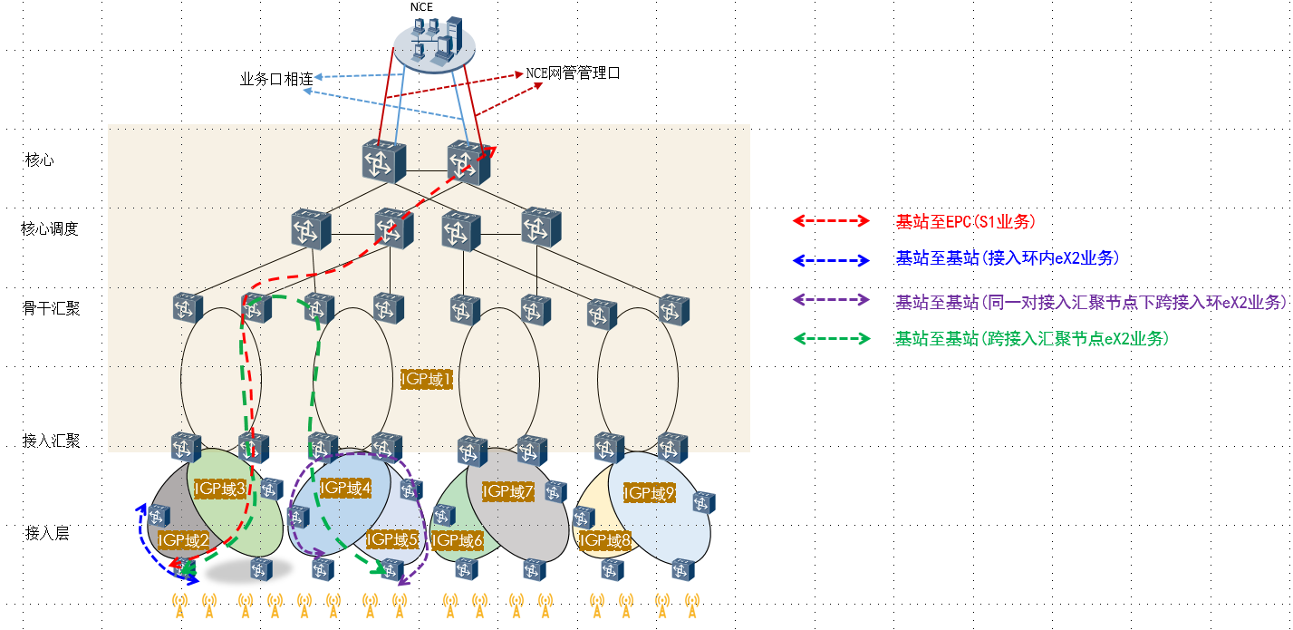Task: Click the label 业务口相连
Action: pyautogui.click(x=276, y=80)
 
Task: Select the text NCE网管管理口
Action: pyautogui.click(x=574, y=73)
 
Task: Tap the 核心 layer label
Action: pyautogui.click(x=40, y=160)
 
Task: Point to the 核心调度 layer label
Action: pyautogui.click(x=50, y=228)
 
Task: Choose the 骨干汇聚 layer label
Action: pyautogui.click(x=52, y=308)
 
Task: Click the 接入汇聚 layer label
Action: pyautogui.click(x=52, y=441)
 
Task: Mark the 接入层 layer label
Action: pyautogui.click(x=47, y=533)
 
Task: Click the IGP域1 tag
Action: pyautogui.click(x=427, y=379)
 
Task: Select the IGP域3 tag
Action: pyautogui.click(x=220, y=489)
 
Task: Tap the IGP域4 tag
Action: pyautogui.click(x=346, y=488)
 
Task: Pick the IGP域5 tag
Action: pyautogui.click(x=392, y=539)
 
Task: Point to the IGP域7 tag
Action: pyautogui.click(x=508, y=492)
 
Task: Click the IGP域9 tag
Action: pyautogui.click(x=649, y=493)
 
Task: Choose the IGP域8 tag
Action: pyautogui.click(x=604, y=541)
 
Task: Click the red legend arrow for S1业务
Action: pyautogui.click(x=831, y=220)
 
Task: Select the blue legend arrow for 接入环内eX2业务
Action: pyautogui.click(x=831, y=260)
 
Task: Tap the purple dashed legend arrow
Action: pyautogui.click(x=831, y=300)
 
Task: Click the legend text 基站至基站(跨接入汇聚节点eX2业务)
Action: pyautogui.click(x=1032, y=339)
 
